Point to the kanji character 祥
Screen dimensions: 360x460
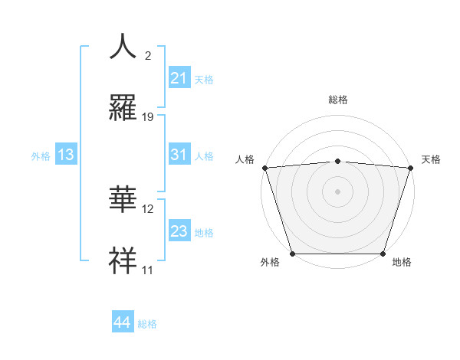[123, 260]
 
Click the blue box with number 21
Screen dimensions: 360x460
[179, 78]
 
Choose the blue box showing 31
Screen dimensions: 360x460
[179, 155]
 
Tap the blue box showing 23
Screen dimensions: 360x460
[179, 231]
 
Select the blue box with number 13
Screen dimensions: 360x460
[66, 155]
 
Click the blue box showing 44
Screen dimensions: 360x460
[122, 322]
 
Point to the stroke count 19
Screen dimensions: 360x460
[148, 116]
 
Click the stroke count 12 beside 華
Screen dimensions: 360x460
[148, 208]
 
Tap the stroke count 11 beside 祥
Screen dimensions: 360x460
[148, 270]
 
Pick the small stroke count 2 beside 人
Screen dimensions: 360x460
[148, 56]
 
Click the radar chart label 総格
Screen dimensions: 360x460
[337, 100]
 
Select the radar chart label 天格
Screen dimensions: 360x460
[432, 159]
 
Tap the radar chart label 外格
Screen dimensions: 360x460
[270, 263]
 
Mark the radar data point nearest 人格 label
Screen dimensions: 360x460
[264, 168]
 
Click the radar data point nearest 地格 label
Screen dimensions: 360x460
[383, 253]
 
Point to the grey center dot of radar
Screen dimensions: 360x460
[337, 191]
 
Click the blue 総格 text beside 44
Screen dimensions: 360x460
[147, 324]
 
